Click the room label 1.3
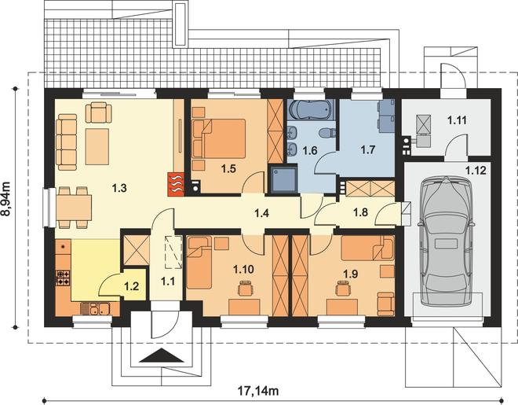pos(119,188)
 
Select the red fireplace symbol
pos(176,184)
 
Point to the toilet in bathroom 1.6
pos(327,134)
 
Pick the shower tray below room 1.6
pos(284,179)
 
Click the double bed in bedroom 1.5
pos(219,138)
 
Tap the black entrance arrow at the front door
pos(162,355)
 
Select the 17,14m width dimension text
pos(258,391)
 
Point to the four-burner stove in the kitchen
pos(63,278)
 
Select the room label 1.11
pos(458,120)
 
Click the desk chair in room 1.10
pos(244,288)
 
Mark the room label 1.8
pos(360,212)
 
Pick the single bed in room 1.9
pos(367,248)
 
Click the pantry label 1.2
pos(132,286)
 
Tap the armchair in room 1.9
pos(386,304)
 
